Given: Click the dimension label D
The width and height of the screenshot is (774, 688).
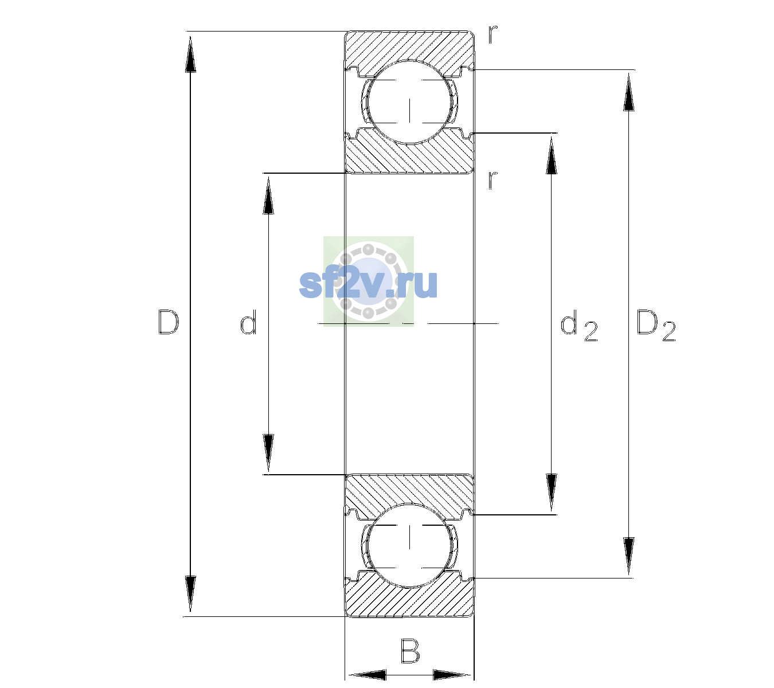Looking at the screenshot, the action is tap(169, 322).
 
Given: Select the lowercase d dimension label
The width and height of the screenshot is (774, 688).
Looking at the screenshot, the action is tap(248, 322).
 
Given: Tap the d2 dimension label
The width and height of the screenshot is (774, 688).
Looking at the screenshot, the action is tap(579, 326).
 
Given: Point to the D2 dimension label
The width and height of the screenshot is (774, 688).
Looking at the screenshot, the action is tap(656, 326).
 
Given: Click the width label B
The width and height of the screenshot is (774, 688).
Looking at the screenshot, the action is tap(410, 650).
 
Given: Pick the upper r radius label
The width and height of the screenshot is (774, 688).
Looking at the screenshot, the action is tap(493, 34).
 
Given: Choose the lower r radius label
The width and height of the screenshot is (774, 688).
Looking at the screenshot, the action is tap(493, 180).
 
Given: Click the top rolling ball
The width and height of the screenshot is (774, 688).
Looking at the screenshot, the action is tap(409, 102).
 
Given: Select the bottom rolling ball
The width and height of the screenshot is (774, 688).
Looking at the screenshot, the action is tap(409, 545).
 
